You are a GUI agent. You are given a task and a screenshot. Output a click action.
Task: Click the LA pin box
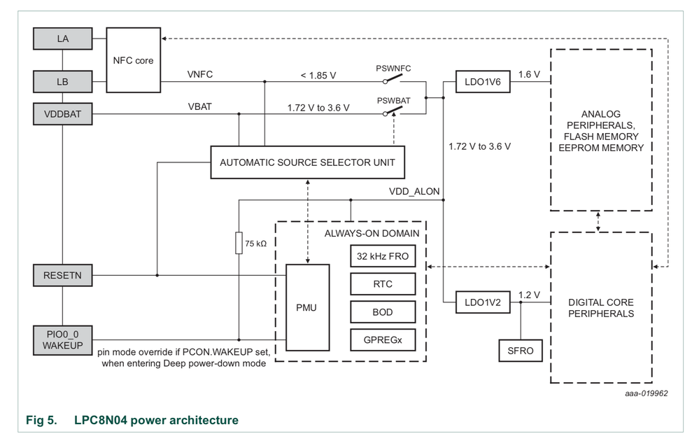[x=62, y=39]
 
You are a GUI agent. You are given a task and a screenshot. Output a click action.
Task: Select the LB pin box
[x=62, y=81]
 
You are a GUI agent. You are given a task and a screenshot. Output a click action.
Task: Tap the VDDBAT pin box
[x=62, y=113]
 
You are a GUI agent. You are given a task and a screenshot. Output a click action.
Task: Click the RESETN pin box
[x=62, y=275]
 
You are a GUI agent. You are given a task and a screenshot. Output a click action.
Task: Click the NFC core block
[x=133, y=60]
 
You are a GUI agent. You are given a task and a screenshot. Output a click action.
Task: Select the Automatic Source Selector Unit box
[x=308, y=162]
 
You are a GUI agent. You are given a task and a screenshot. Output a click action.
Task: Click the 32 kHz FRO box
[x=383, y=256]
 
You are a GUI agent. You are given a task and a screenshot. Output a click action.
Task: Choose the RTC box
[x=383, y=283]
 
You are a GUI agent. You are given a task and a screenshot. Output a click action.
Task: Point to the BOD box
[x=383, y=311]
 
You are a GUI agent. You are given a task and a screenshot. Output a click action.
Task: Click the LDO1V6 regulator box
[x=482, y=81]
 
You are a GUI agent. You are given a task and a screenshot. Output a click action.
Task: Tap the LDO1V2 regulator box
[x=482, y=302]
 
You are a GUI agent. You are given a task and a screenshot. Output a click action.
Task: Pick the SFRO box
[x=521, y=350]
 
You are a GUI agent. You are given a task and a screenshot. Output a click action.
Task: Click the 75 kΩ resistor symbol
[x=239, y=244]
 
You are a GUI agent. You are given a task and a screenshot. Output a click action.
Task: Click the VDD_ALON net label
[x=414, y=192]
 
